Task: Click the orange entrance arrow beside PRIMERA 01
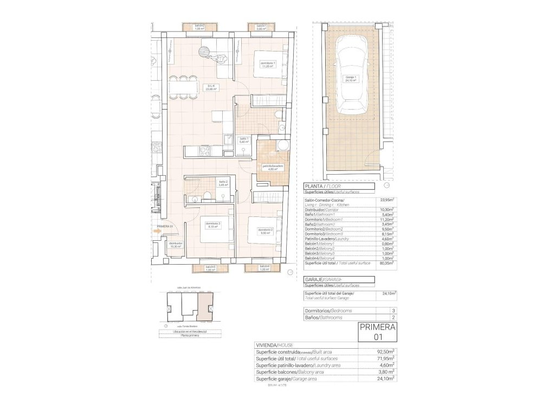[x=157, y=231]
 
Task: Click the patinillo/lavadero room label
[x=273, y=167]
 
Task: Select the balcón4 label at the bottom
[x=264, y=267]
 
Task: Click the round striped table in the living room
[x=205, y=52]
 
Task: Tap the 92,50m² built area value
[x=386, y=352]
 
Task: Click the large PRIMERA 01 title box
[x=378, y=331]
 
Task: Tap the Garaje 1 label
[x=351, y=78]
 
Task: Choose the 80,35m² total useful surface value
[x=386, y=263]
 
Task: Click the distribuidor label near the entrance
[x=176, y=245]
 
